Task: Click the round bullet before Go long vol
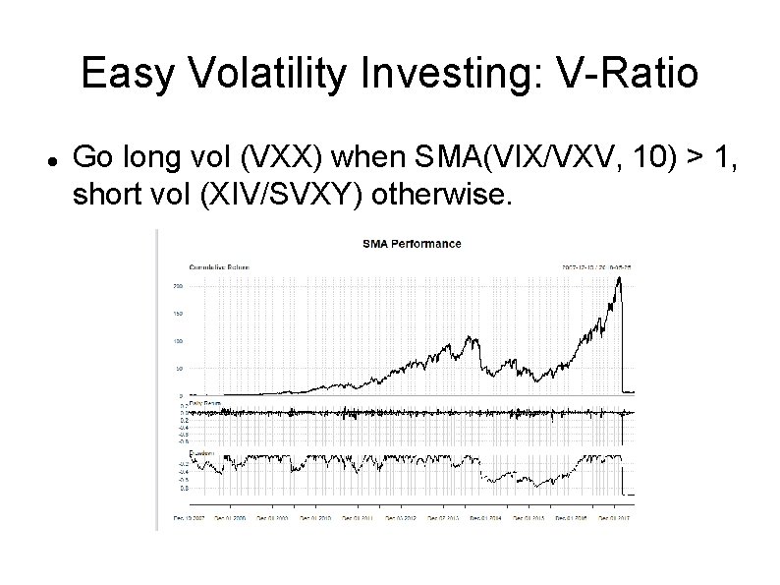click(x=50, y=157)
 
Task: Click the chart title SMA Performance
click(x=412, y=243)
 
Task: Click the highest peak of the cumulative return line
click(x=619, y=278)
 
